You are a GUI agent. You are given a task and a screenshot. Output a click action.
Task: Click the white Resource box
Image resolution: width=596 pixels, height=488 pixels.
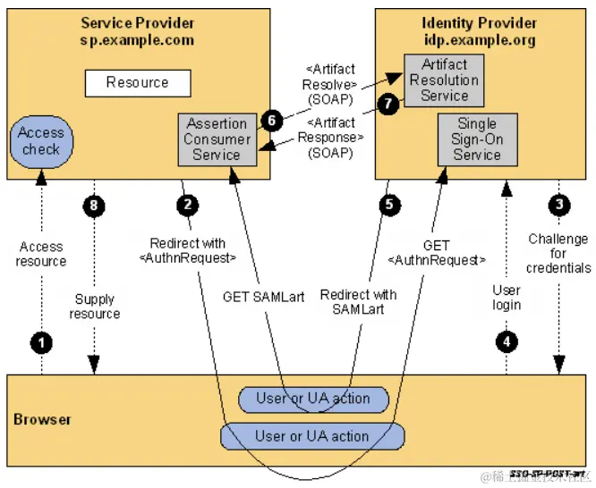138,83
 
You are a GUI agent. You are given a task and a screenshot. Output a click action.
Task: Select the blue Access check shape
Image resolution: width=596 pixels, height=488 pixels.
41,141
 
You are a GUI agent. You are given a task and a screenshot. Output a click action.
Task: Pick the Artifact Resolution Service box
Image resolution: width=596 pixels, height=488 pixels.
445,79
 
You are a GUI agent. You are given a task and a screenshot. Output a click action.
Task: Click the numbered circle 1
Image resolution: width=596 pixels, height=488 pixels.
40,341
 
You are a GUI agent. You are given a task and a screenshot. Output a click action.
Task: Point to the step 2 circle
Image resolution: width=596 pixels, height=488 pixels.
186,205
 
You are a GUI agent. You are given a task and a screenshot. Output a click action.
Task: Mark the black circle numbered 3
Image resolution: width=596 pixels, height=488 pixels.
558,205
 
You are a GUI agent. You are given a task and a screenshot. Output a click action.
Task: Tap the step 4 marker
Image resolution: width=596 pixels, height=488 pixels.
507,341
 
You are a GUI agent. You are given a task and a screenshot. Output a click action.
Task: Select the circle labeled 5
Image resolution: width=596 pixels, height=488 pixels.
387,205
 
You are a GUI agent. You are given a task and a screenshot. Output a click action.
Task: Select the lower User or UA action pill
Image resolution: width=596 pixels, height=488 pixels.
311,436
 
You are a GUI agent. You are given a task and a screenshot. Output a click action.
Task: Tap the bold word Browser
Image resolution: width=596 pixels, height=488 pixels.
42,418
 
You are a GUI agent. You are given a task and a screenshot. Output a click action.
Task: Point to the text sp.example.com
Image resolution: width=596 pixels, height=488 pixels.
136,41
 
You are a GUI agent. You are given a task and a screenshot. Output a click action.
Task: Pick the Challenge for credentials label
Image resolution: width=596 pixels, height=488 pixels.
558,253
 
